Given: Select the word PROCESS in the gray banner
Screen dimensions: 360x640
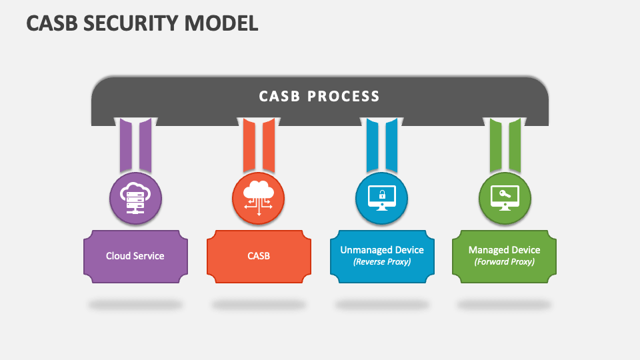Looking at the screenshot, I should tap(343, 96).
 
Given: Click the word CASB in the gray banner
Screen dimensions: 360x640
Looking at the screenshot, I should tap(278, 96).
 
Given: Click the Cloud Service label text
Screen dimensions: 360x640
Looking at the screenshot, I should tap(135, 255).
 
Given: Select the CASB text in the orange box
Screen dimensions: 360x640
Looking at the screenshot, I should tap(258, 255).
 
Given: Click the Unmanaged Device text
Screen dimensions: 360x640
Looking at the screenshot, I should tap(382, 250).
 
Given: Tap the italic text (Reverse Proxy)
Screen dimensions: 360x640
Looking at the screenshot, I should tap(382, 262).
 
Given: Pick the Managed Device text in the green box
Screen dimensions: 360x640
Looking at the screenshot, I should tap(505, 250).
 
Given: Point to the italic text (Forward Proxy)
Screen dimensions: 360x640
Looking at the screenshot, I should tap(505, 262).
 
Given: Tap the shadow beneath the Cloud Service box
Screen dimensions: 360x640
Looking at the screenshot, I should tap(135, 305).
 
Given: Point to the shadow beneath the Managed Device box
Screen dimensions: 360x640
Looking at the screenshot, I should tap(505, 305).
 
